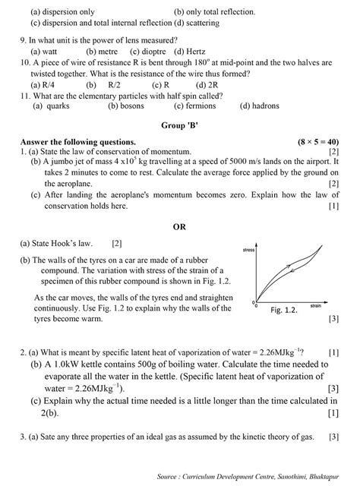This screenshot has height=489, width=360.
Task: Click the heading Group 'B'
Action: pos(179,124)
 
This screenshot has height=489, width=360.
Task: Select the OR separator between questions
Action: pos(179,226)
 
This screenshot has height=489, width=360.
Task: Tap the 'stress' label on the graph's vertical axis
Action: pos(248,249)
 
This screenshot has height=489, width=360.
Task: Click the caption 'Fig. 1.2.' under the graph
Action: pos(286,311)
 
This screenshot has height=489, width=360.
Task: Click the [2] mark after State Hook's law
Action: pos(116,244)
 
